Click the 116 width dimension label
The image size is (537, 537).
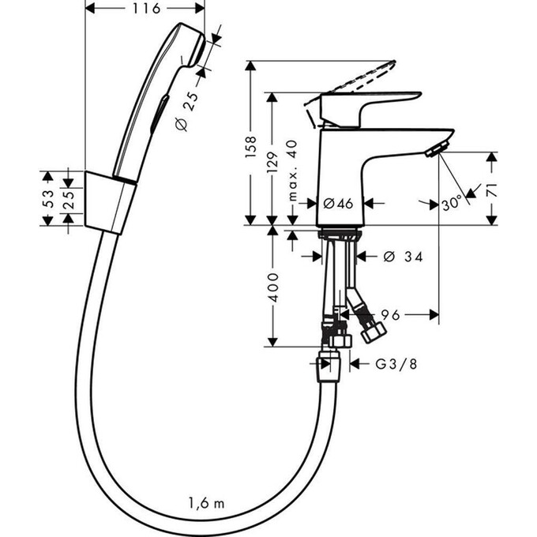coord(145,9)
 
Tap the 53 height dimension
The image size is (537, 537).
coord(47,199)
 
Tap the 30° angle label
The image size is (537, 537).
coord(452,204)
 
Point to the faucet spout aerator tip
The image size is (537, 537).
coord(436,149)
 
